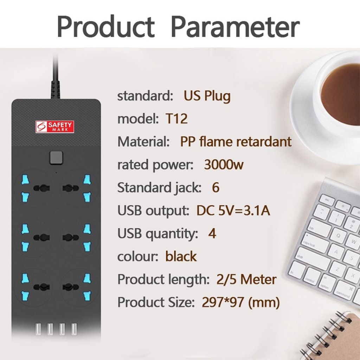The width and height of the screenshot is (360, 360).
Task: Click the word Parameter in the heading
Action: tap(235, 27)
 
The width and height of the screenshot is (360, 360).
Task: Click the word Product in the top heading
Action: tap(105, 27)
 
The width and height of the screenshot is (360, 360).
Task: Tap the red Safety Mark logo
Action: tap(56, 127)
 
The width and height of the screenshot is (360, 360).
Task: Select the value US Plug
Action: tap(207, 96)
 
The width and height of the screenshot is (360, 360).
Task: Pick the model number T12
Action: tap(176, 119)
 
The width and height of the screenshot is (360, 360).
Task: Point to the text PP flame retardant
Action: tap(236, 142)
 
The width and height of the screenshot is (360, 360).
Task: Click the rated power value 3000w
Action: tap(224, 165)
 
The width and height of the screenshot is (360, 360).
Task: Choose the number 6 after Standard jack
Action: tap(216, 188)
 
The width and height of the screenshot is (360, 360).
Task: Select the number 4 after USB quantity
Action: tap(212, 233)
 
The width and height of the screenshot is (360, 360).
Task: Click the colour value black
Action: tap(181, 256)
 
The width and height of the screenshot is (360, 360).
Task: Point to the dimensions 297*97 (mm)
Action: tap(241, 302)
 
